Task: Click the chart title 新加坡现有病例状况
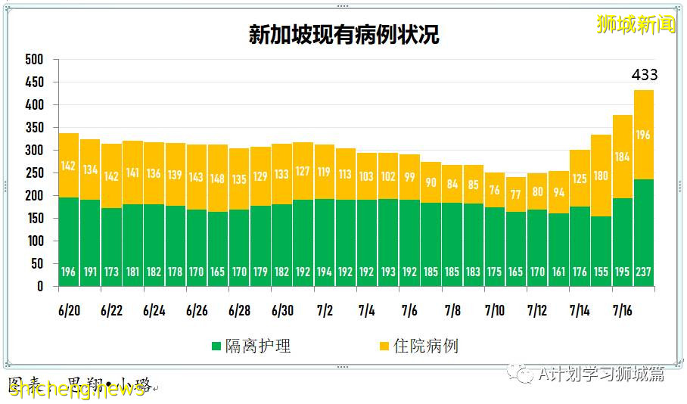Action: (343, 35)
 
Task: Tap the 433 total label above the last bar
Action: (645, 75)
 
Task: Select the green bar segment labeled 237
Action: (644, 232)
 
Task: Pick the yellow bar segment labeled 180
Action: (601, 176)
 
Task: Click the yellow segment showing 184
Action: (622, 157)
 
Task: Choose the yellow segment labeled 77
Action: (515, 194)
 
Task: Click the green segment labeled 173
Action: (111, 247)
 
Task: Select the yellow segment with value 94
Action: (558, 192)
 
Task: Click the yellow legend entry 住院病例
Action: (418, 347)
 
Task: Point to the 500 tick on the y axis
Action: (34, 59)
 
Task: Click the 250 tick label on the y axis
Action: (34, 172)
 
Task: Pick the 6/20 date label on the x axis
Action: (68, 310)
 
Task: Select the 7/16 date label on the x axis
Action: (622, 310)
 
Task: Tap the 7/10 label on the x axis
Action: (494, 310)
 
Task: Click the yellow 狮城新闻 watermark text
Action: (636, 25)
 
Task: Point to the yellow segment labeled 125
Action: (580, 179)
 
